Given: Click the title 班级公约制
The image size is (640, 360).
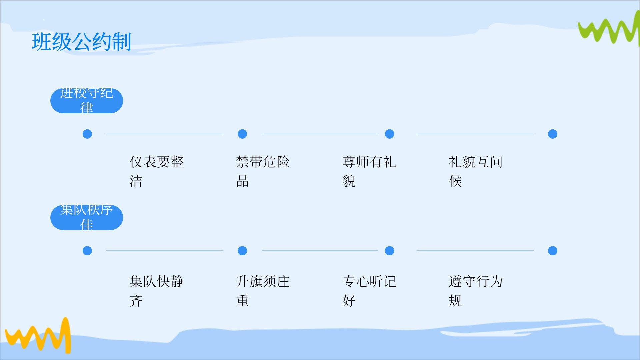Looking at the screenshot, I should point(81,42).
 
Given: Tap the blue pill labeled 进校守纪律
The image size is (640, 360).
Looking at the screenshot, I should point(87,101).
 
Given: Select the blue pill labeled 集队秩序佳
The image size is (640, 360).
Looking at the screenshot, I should point(87,217).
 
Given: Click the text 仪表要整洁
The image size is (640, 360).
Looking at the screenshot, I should point(156,171).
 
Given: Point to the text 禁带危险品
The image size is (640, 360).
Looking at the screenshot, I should point(263,171).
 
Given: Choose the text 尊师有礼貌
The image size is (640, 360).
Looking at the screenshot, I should point(369,171).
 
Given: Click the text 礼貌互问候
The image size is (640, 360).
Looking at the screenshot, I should point(475,171).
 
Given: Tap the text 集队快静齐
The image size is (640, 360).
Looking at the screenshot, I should point(156,291).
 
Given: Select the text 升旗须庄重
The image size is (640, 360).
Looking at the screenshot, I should point(263,291).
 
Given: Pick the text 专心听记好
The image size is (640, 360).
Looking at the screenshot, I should point(369,291).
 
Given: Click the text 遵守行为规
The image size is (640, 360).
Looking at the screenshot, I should point(475,291).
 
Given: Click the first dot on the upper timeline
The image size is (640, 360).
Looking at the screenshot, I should point(87,134).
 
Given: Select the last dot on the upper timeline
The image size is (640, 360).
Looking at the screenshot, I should point(552,134).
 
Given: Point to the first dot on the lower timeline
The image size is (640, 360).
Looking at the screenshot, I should point(87,251).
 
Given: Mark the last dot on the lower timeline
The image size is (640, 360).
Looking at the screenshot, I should point(552,251).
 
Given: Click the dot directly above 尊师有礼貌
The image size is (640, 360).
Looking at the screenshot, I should point(389,134).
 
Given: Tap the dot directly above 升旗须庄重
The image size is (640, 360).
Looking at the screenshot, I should point(242,251).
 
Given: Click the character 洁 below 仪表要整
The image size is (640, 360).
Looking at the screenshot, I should point(136,181).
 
